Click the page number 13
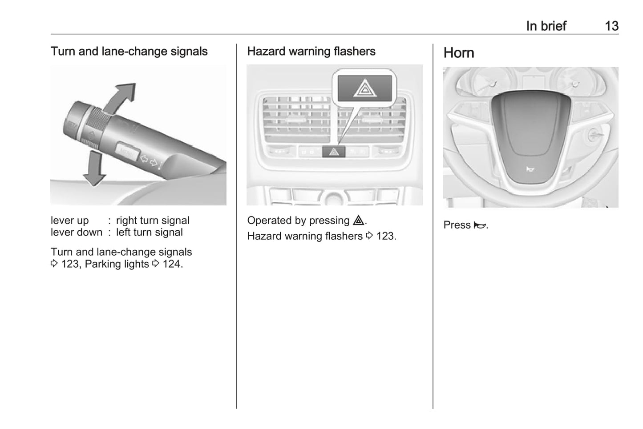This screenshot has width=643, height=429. point(612,26)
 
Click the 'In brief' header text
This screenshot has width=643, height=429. point(546,26)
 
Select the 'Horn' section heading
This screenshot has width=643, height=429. point(459,53)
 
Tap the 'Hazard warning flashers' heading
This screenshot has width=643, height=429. point(311,52)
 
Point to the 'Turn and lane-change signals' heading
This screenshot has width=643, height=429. point(129,52)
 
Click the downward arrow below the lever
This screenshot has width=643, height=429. point(94,168)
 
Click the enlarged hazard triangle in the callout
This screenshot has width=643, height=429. point(364,88)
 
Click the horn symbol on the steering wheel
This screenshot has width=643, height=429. point(530,169)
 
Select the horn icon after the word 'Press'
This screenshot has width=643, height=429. point(480,225)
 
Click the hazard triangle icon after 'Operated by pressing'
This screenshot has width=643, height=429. point(359,220)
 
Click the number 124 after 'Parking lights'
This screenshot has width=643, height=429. point(171,264)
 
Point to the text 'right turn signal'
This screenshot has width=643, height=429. point(153,221)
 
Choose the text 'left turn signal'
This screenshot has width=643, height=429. point(149,232)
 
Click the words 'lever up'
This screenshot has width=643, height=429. point(70,221)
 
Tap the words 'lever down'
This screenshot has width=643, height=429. point(77,232)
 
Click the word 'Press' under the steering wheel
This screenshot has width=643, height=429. point(457,225)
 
